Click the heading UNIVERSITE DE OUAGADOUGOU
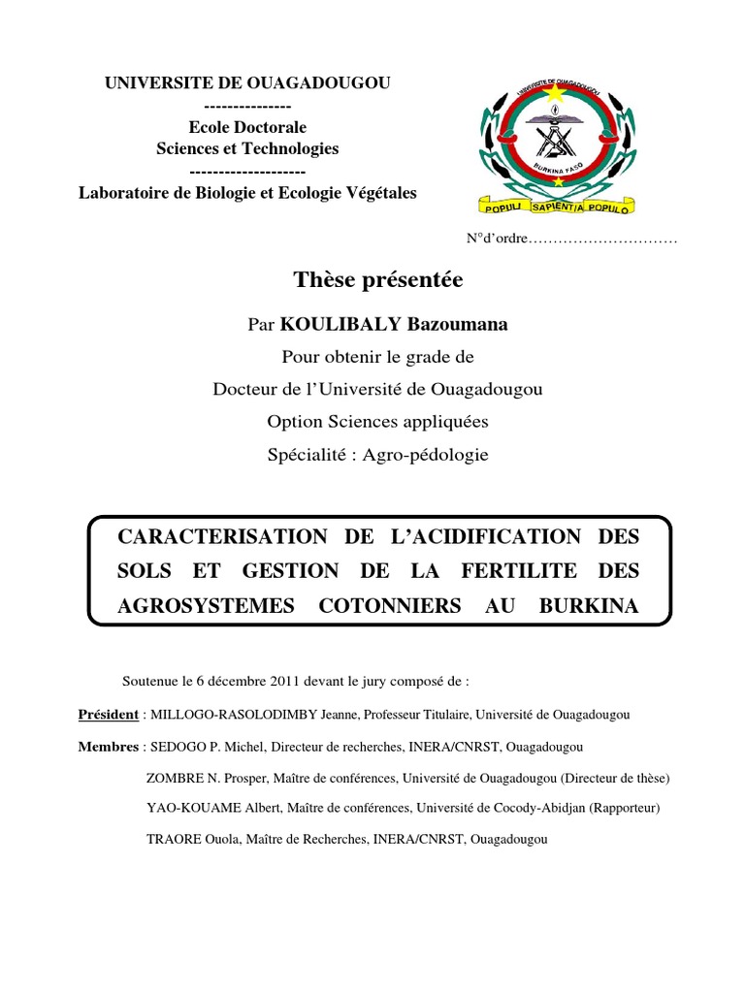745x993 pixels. (247, 84)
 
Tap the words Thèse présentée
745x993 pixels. (378, 280)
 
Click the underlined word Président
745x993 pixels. (108, 715)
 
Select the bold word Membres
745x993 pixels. (108, 747)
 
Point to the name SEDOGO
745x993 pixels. (173, 747)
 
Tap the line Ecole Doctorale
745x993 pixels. (247, 127)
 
